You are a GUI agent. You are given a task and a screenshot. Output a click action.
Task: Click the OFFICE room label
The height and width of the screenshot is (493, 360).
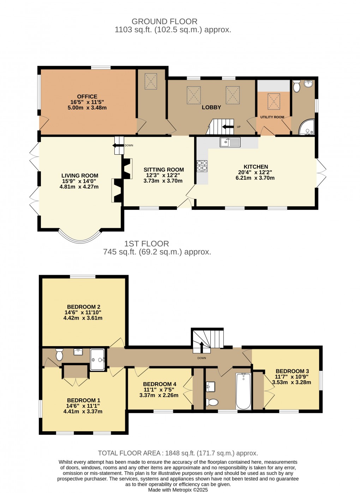[87, 96]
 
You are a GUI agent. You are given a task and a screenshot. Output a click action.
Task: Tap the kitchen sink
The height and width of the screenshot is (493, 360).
[230, 142]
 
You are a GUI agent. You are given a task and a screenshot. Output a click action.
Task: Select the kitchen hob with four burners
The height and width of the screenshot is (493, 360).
[202, 166]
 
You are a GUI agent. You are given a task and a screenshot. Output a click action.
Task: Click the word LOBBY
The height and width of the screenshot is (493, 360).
[211, 107]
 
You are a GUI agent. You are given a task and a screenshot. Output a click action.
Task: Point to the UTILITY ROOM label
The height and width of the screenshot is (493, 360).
[272, 117]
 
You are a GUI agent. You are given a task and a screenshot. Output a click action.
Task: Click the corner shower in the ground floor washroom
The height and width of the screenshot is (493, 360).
[307, 127]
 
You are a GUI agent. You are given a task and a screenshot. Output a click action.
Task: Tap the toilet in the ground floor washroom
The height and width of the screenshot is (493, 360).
[297, 86]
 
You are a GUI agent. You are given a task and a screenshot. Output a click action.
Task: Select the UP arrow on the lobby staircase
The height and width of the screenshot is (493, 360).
[228, 127]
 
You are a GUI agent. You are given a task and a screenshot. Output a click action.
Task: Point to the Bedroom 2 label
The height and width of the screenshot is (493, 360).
[84, 307]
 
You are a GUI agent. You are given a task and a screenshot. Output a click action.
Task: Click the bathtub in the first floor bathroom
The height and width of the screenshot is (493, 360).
[243, 391]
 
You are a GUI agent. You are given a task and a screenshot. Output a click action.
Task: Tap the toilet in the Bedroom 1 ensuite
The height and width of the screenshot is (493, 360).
[59, 354]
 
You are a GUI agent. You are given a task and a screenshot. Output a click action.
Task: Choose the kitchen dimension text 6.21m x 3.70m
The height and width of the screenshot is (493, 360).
[255, 178]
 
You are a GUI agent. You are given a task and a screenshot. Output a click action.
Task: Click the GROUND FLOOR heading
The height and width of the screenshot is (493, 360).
[164, 22]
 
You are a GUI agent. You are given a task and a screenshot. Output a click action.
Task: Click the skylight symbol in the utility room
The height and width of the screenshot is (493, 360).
[274, 101]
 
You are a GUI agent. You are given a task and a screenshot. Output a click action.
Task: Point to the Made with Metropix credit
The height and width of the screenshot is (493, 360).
[178, 490]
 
